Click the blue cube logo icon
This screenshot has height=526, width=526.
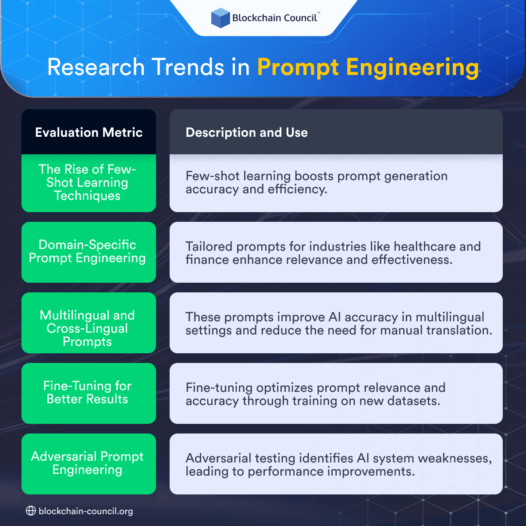[220, 18]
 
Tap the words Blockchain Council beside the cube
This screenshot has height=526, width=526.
[274, 18]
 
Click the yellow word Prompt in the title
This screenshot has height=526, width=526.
[298, 68]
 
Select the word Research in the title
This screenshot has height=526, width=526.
[96, 68]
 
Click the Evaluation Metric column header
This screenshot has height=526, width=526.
[89, 132]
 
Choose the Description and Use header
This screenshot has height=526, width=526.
[247, 132]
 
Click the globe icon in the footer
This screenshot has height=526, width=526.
[31, 511]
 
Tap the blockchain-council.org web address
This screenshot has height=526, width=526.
[85, 511]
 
